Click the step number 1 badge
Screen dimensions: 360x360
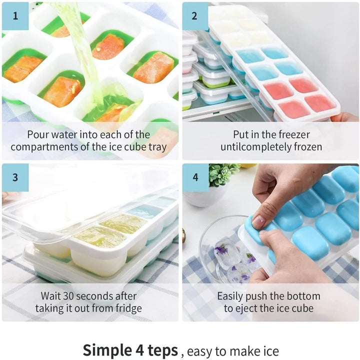(15, 16)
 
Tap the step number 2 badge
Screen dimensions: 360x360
(195, 16)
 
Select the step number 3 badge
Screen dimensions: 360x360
(15, 177)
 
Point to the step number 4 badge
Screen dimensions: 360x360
(195, 177)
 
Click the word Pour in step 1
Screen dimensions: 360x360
(38, 134)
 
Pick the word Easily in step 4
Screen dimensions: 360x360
(230, 296)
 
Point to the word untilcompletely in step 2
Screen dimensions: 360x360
(254, 147)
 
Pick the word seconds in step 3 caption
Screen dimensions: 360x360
(95, 296)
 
